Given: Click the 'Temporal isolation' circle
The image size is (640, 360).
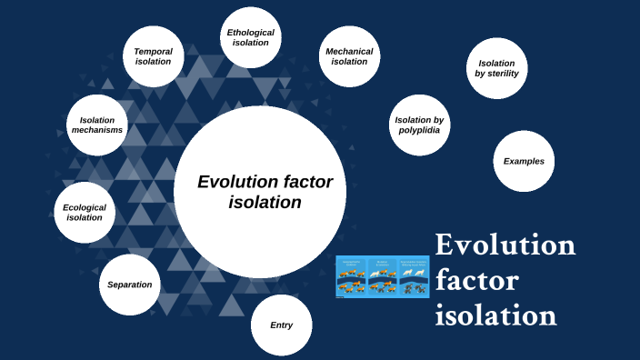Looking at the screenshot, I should pyautogui.click(x=153, y=56).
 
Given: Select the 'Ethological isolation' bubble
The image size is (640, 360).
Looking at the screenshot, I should pyautogui.click(x=250, y=38).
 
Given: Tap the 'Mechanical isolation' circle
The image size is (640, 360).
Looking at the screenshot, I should pyautogui.click(x=349, y=56).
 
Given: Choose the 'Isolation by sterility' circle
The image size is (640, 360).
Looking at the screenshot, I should pyautogui.click(x=496, y=68).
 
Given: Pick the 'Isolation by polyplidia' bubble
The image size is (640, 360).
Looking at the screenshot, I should pyautogui.click(x=419, y=125).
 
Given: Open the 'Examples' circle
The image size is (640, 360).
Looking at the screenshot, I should pyautogui.click(x=524, y=161).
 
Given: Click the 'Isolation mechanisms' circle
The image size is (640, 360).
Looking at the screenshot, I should pyautogui.click(x=96, y=125).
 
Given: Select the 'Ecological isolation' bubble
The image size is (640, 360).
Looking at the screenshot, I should pyautogui.click(x=85, y=212).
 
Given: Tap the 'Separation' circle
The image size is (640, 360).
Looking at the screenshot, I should pyautogui.click(x=129, y=285).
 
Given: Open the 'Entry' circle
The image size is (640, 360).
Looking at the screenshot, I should pyautogui.click(x=282, y=325).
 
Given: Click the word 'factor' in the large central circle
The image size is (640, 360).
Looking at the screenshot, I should pyautogui.click(x=305, y=182).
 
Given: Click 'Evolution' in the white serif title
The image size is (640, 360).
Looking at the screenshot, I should pyautogui.click(x=505, y=245).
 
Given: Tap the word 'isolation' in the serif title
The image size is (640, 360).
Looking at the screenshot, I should pyautogui.click(x=495, y=315).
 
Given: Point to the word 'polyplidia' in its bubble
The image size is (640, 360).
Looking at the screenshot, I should pyautogui.click(x=419, y=130).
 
